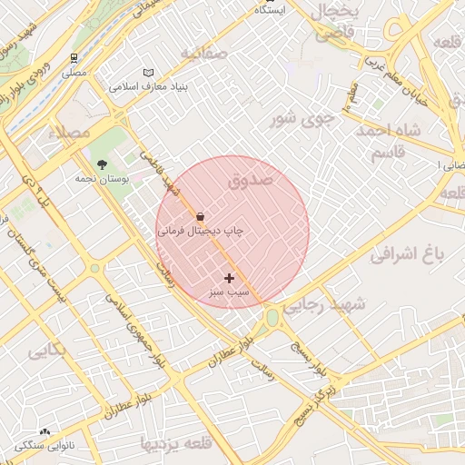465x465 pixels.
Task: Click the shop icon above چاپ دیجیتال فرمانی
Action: (x=200, y=218)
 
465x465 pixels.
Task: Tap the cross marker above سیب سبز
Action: (x=228, y=278)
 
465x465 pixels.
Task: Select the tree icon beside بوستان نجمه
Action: (x=101, y=164)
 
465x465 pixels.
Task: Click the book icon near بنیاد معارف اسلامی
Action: (x=149, y=73)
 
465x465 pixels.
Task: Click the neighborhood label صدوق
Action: (x=251, y=180)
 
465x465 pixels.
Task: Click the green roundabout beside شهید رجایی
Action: (x=272, y=317)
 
